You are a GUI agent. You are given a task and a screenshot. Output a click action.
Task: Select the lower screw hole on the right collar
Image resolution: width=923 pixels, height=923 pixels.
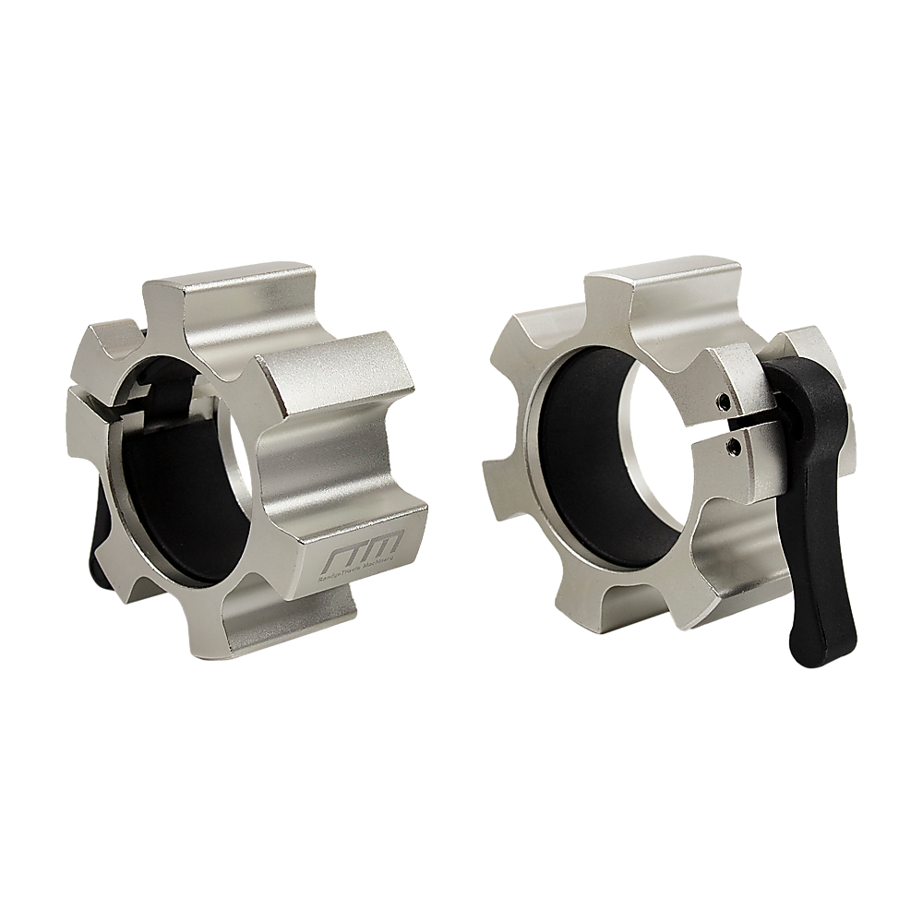coord(734,446)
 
